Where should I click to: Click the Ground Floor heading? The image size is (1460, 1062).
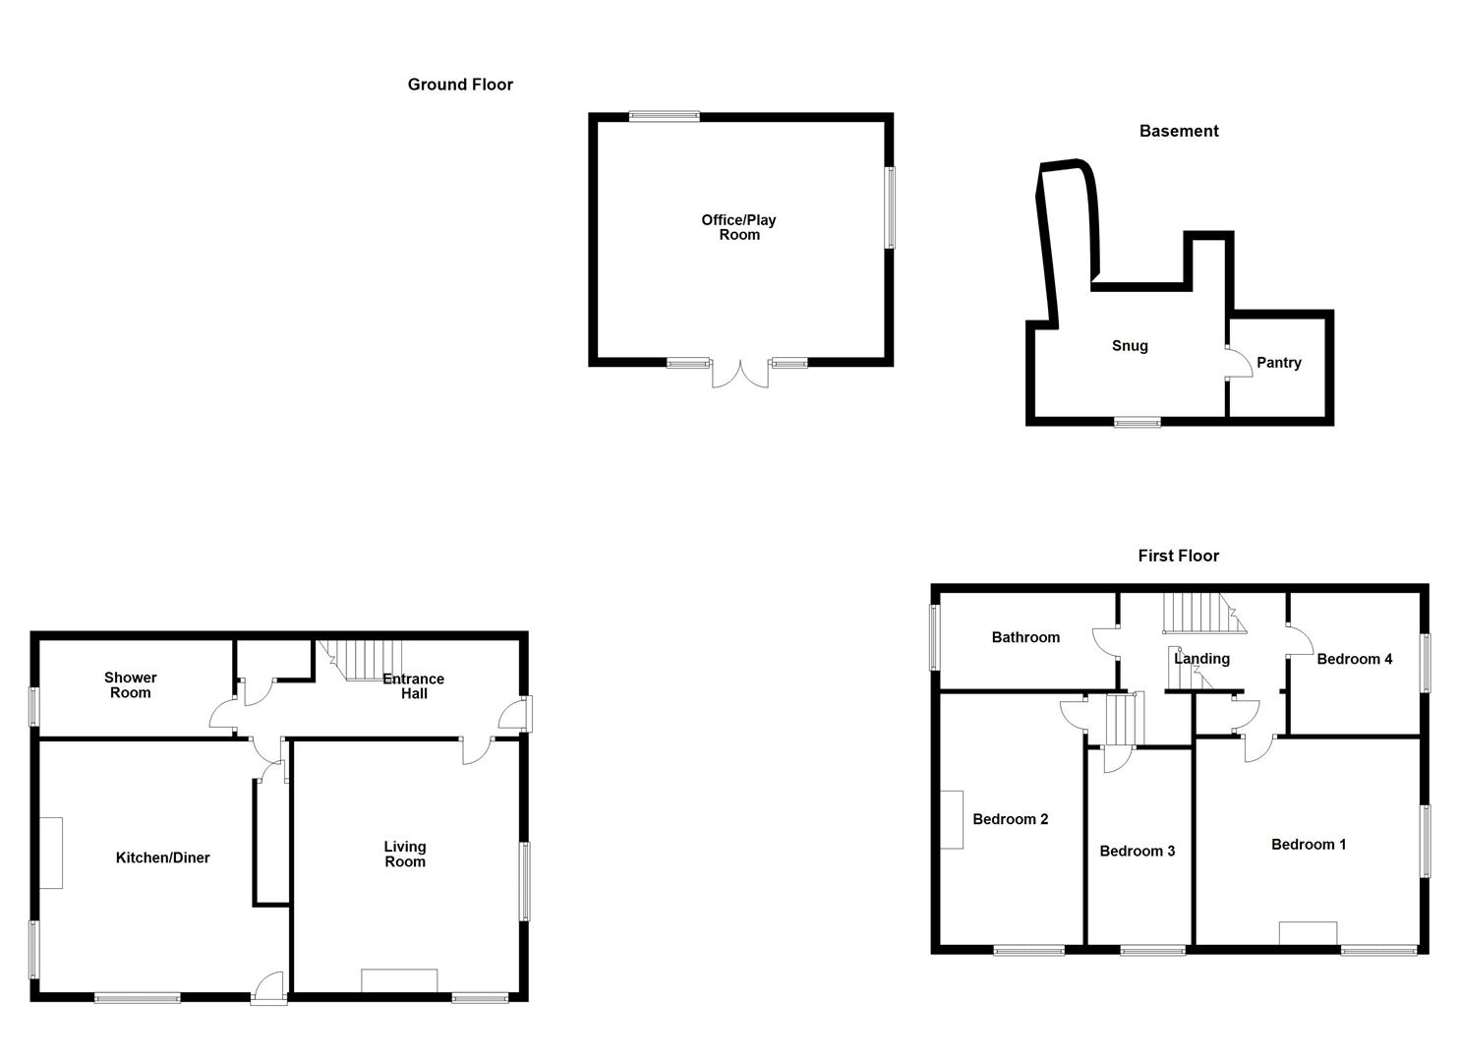460,85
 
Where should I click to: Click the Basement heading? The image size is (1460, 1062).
1178,131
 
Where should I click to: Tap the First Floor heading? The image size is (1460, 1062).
1178,556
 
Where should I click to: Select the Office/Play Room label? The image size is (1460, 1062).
738,227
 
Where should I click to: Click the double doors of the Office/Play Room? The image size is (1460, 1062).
739,374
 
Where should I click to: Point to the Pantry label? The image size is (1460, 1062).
1278,363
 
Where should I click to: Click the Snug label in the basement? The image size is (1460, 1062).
1130,346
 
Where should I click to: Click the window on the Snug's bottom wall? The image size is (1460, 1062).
1137,423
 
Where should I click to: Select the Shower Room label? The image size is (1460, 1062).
130,684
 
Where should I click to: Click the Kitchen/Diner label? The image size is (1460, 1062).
162,857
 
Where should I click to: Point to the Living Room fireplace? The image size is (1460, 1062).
399,980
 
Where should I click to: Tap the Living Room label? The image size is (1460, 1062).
404,854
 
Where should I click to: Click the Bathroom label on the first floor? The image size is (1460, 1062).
1025,637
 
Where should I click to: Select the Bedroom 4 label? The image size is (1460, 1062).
1354,659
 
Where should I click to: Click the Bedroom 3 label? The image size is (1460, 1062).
1137,851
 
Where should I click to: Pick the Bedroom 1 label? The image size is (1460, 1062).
1308,844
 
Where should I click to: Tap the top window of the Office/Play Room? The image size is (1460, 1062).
665,116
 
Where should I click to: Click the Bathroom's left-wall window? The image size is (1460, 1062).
935,637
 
